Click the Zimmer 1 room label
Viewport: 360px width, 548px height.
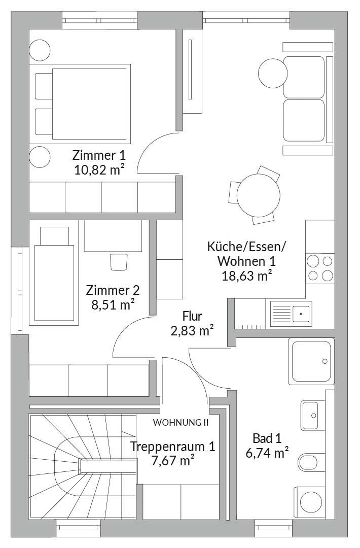coord(99,155)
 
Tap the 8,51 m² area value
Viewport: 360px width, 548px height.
coord(113,305)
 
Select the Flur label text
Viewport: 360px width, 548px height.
coord(192,316)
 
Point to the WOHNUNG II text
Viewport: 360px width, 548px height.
coord(181,422)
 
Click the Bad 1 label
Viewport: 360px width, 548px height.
coord(267,438)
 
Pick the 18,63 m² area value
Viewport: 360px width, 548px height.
coord(247,276)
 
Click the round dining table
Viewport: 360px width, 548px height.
coord(259,195)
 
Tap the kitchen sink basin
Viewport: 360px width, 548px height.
coord(301,314)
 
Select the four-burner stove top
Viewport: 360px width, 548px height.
coord(320,268)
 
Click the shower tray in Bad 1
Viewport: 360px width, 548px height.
coord(311,361)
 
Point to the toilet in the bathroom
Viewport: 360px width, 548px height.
coord(311,462)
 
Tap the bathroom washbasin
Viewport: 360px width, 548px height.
coord(310,415)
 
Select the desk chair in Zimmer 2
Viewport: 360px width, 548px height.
coord(119,262)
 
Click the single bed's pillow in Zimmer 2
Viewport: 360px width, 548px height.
coord(54,236)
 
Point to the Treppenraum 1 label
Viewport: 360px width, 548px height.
coord(172,447)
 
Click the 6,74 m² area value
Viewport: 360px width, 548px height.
coord(267,453)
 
